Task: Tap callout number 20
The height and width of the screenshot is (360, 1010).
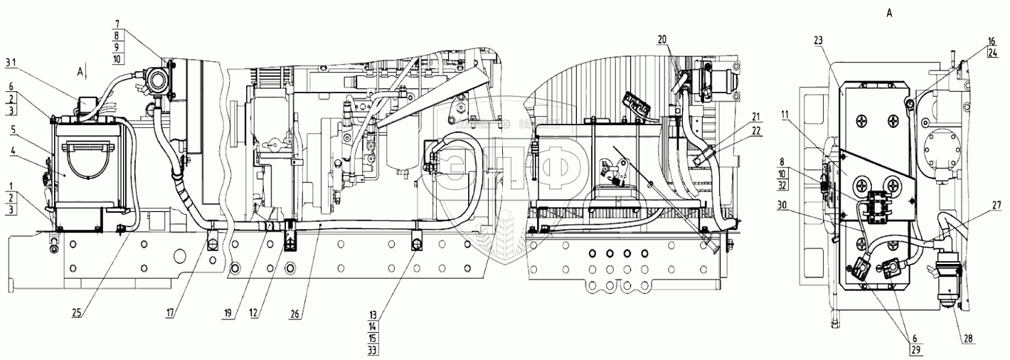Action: point(662,40)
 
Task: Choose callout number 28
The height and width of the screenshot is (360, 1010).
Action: point(968,339)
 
